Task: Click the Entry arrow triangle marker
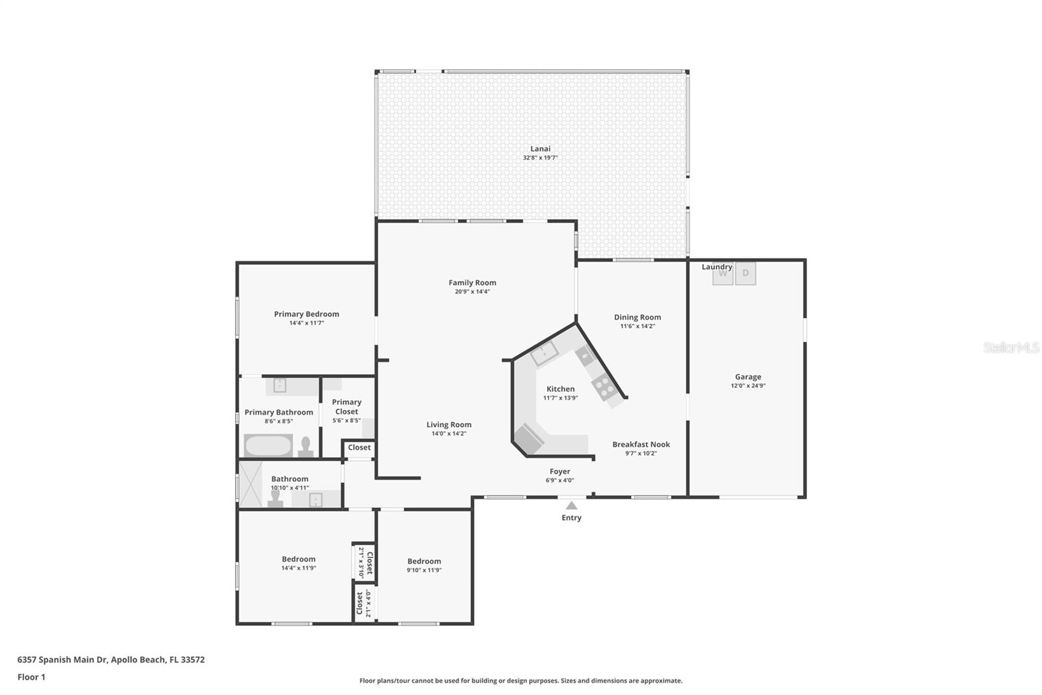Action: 571,505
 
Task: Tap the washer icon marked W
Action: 723,274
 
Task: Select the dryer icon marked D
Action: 746,274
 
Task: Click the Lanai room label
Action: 540,149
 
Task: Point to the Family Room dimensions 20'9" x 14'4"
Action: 472,292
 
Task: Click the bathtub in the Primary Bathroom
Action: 268,446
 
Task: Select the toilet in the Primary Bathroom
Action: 306,447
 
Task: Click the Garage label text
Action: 748,377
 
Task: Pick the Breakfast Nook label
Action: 641,445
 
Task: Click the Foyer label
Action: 559,471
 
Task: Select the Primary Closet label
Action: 346,407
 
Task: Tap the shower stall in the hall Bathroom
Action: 251,484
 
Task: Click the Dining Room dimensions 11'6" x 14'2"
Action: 637,327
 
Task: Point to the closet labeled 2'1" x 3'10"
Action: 365,562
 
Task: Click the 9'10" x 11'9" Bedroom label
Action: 424,561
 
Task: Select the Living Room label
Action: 449,424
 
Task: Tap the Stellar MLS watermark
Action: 1011,347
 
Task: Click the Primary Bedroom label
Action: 306,314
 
